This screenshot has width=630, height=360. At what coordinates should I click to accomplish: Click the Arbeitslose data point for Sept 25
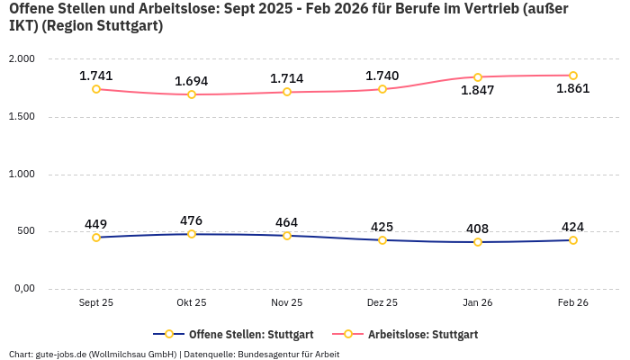coord(96,89)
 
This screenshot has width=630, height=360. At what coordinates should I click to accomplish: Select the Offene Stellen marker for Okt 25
coord(192,234)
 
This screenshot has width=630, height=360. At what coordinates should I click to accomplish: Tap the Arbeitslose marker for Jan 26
coord(478,77)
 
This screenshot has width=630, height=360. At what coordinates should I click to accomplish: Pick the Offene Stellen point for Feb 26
coord(573,240)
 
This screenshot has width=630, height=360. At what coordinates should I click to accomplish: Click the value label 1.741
coord(96,76)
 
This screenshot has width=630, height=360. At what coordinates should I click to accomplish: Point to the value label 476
coord(192,220)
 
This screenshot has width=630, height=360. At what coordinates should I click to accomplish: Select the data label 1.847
coord(478,90)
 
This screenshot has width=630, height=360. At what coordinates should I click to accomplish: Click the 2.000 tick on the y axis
coord(21,59)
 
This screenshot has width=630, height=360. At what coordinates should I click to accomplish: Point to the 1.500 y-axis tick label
coord(21,117)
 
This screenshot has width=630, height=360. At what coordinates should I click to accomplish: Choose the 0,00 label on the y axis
coord(23,289)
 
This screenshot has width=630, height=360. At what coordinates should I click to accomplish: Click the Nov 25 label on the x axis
coord(287,303)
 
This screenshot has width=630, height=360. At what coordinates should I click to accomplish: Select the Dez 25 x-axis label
coord(382,303)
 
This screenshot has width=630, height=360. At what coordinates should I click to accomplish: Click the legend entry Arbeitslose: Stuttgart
coord(423,335)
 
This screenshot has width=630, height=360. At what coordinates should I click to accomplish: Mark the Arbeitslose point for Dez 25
coord(382,89)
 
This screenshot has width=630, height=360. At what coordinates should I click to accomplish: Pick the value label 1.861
coord(573,88)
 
